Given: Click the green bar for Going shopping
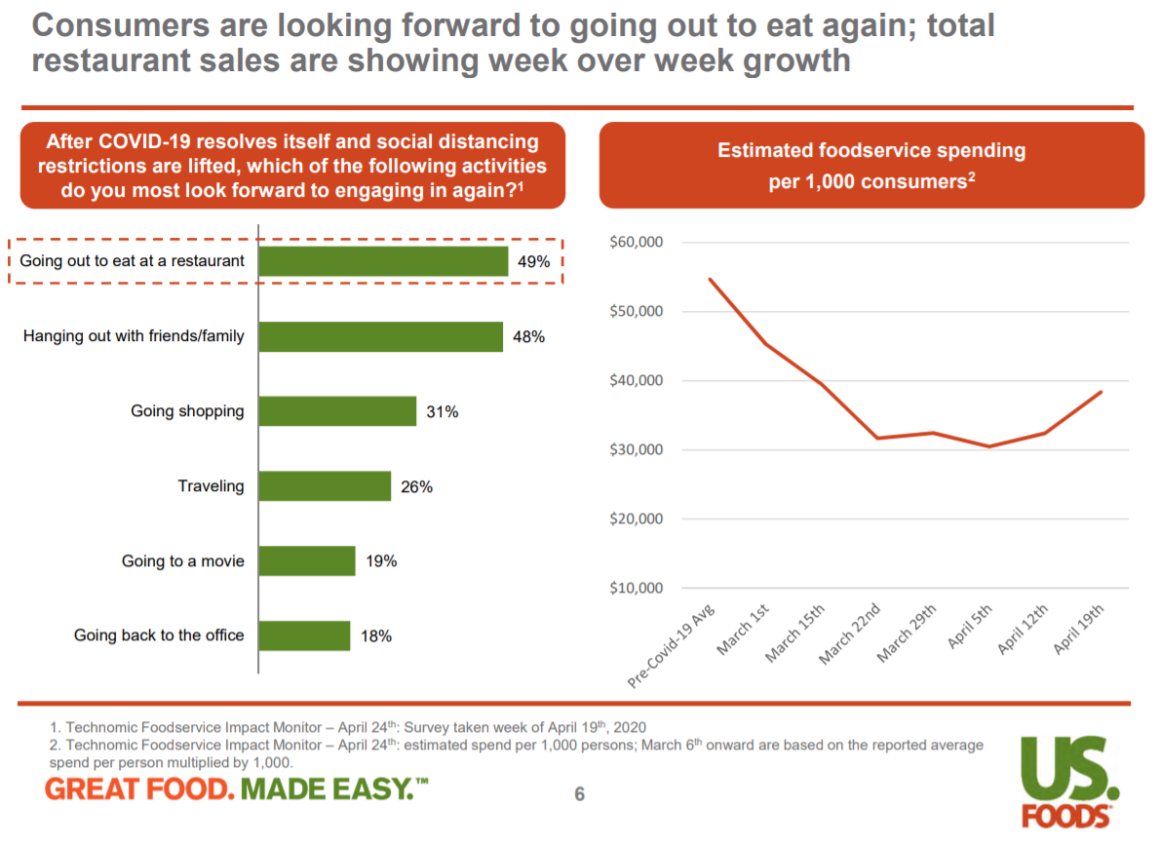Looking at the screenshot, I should click(337, 411).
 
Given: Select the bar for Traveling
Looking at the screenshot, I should click(325, 486).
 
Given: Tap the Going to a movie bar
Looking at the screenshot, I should click(307, 561).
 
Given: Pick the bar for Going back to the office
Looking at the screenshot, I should click(304, 636).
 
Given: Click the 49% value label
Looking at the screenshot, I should click(534, 262).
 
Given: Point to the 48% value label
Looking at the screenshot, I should click(528, 337).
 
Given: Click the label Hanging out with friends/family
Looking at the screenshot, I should click(134, 337).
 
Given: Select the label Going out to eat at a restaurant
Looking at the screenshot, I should click(133, 261).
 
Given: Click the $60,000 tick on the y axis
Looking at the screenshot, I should click(636, 243).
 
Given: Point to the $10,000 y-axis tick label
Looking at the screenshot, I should click(636, 589).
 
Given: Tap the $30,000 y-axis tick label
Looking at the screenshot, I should click(636, 450).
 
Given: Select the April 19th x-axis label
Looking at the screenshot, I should click(1079, 630).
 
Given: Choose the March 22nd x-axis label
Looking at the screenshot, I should click(851, 634).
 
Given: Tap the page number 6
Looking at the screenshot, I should click(579, 794).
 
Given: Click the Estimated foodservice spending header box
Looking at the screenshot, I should click(871, 166).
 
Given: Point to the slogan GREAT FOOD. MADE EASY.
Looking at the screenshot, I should click(237, 788).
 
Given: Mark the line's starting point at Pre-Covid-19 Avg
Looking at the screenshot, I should click(710, 279).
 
